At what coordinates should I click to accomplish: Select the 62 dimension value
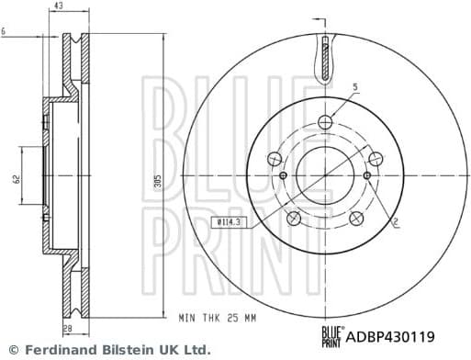(x=16, y=179)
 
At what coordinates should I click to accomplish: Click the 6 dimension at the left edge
(x=4, y=32)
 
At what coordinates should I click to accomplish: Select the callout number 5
(x=354, y=87)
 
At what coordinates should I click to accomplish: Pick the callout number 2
(x=395, y=222)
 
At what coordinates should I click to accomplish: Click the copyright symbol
(x=12, y=350)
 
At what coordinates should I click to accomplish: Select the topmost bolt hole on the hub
(x=325, y=121)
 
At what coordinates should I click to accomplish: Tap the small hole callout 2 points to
(x=367, y=175)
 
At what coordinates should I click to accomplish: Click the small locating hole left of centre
(x=283, y=175)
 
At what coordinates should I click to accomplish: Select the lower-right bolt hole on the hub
(x=356, y=218)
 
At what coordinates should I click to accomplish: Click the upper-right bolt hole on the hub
(x=376, y=159)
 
